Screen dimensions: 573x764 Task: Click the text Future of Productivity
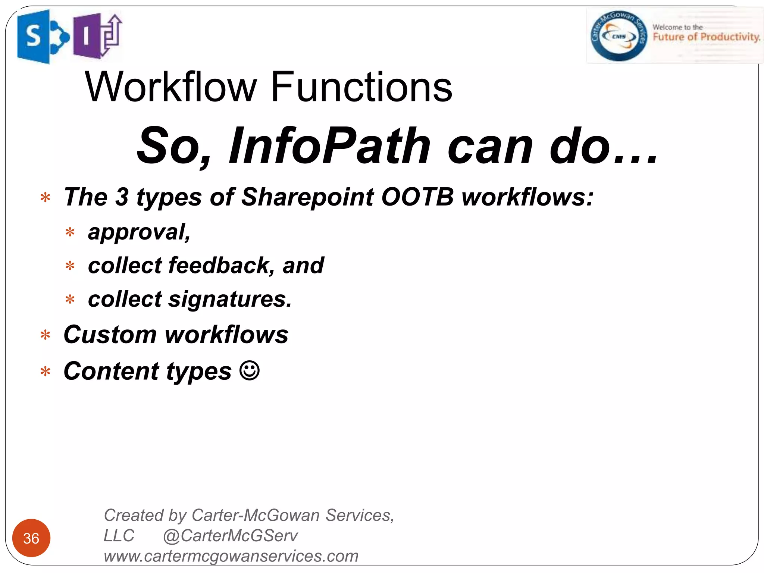(x=706, y=37)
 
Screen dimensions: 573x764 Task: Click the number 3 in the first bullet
(x=122, y=197)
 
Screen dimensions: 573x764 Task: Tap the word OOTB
(x=417, y=197)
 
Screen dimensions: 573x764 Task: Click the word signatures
(x=230, y=299)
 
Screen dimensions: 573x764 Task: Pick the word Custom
(x=110, y=334)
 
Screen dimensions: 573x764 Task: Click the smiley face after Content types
(x=249, y=371)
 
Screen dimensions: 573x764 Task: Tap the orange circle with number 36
(x=31, y=538)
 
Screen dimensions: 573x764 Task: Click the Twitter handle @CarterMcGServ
(x=230, y=536)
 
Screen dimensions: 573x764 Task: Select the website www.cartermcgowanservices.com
(x=231, y=556)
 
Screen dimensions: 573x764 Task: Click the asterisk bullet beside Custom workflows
(x=46, y=335)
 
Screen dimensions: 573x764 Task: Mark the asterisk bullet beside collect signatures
(x=70, y=300)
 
